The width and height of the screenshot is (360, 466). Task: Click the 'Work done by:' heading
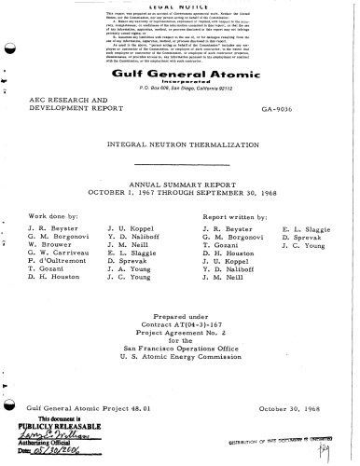[x=52, y=215]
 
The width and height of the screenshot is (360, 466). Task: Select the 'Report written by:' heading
[x=231, y=215]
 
